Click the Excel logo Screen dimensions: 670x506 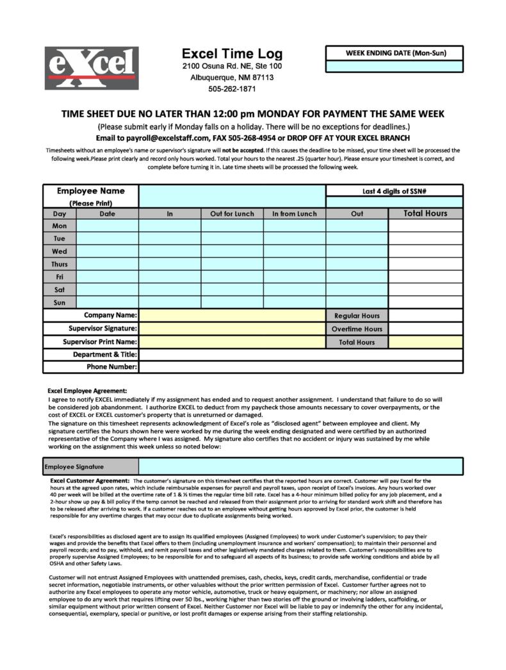click(x=92, y=68)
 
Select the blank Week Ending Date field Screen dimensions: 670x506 click(x=395, y=66)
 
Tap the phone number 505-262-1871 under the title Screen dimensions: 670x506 click(x=232, y=89)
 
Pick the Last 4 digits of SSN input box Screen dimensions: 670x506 click(x=395, y=202)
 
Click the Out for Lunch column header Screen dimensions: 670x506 click(x=232, y=214)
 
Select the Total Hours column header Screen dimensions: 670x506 click(x=425, y=214)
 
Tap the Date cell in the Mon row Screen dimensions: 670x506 click(x=108, y=225)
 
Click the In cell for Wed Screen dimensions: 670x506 click(x=170, y=251)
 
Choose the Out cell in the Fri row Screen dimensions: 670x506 click(x=357, y=277)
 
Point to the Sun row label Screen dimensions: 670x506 click(x=60, y=302)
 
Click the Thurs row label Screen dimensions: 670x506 click(x=60, y=264)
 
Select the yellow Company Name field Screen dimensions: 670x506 click(x=232, y=315)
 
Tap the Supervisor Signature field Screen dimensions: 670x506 click(x=232, y=329)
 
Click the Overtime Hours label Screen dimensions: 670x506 click(x=357, y=329)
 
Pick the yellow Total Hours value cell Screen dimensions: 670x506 click(x=425, y=342)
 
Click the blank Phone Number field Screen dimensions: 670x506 click(x=300, y=367)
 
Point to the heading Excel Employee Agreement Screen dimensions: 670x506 click(x=87, y=391)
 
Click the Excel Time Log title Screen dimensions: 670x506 click(x=232, y=53)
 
